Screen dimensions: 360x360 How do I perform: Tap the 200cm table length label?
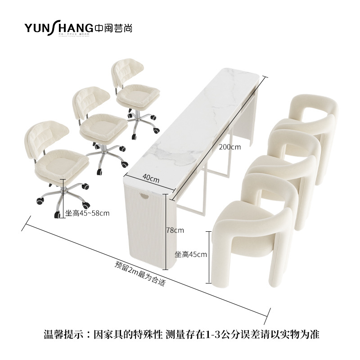(x=230, y=146)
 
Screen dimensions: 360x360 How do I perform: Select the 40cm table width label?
(x=152, y=179)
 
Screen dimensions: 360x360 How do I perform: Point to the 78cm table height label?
(x=175, y=230)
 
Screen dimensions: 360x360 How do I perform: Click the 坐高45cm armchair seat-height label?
(x=190, y=254)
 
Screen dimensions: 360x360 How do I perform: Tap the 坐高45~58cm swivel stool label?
(x=87, y=213)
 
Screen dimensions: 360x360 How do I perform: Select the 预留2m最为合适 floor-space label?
(x=140, y=274)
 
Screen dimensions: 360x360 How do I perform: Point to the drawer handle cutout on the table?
(x=146, y=196)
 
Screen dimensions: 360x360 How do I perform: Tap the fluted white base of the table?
(x=148, y=234)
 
